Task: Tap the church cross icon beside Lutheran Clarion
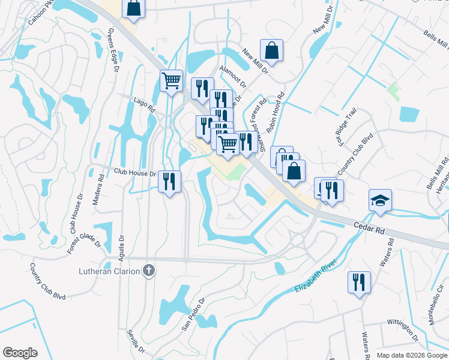tap(149, 271)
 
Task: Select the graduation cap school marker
tap(380, 202)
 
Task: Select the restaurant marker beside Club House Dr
tap(170, 181)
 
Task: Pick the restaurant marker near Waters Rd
tap(359, 282)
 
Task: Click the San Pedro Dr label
tap(194, 314)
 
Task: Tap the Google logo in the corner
tap(20, 353)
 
